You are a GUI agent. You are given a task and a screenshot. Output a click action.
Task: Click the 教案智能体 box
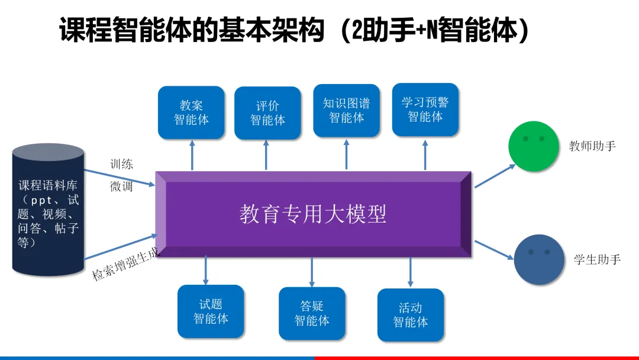(191, 112)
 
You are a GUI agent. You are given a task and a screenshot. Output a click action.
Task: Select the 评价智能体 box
(267, 113)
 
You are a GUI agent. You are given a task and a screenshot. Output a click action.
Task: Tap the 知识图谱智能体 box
(346, 111)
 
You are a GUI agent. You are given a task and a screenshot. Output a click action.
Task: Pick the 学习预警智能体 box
(425, 110)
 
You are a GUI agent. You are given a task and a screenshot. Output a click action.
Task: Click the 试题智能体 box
(211, 311)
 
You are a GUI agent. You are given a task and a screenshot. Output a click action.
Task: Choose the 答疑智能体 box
(312, 314)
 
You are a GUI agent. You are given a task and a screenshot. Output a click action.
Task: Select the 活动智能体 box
(410, 316)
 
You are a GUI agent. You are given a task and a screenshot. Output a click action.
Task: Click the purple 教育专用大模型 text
(312, 214)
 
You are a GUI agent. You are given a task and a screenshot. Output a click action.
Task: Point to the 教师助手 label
(592, 146)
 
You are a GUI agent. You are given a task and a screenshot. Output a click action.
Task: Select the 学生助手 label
(598, 259)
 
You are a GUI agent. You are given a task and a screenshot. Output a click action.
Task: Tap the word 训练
(122, 164)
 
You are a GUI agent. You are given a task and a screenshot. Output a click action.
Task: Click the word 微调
(122, 187)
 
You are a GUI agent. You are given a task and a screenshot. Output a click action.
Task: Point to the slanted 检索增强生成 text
(126, 265)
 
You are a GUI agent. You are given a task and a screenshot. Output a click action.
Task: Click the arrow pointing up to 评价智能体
(266, 155)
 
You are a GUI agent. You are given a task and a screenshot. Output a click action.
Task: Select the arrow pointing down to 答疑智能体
(312, 272)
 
